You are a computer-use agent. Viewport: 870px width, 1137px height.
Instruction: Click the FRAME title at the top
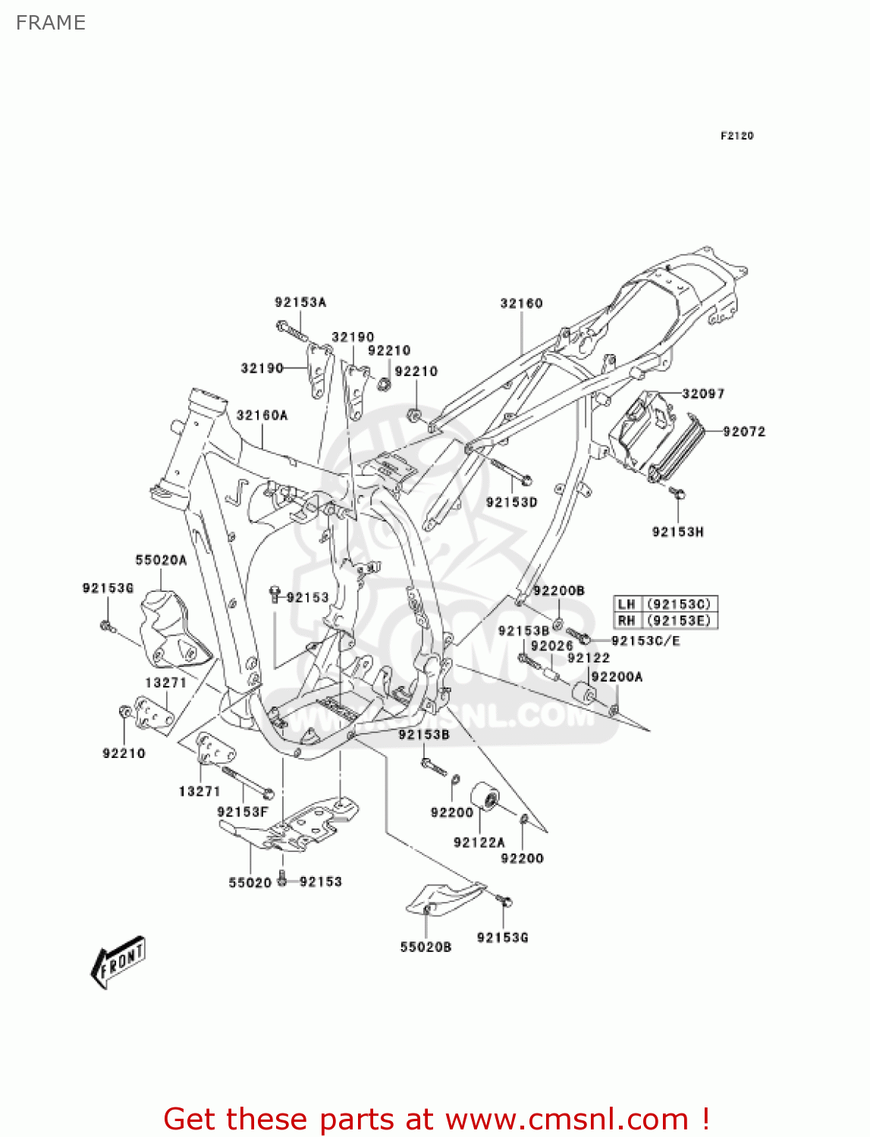(51, 23)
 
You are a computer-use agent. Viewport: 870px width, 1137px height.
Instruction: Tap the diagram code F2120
(737, 136)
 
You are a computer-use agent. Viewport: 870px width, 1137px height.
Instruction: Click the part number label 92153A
(300, 302)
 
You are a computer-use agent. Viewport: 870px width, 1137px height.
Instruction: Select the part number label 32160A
(262, 415)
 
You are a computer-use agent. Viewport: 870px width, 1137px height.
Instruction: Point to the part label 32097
(703, 393)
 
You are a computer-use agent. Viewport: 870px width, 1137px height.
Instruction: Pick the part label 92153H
(677, 532)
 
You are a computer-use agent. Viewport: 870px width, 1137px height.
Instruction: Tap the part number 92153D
(511, 503)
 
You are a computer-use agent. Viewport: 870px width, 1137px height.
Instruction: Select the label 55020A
(161, 560)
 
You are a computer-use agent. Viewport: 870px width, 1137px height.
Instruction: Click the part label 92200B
(558, 591)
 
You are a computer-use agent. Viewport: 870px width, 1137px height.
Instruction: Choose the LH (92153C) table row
(665, 604)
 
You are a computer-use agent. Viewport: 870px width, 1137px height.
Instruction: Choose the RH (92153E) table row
(665, 621)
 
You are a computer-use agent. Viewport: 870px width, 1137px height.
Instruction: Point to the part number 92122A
(479, 842)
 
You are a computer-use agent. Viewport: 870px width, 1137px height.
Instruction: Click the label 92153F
(243, 812)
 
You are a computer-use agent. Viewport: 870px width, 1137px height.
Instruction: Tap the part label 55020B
(426, 947)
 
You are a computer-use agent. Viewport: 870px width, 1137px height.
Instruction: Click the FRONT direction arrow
(118, 962)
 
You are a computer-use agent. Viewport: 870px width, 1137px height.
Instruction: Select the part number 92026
(551, 646)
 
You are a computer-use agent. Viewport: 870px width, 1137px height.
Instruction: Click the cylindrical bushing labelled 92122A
(485, 797)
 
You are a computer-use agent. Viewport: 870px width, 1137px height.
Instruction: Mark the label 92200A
(617, 677)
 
